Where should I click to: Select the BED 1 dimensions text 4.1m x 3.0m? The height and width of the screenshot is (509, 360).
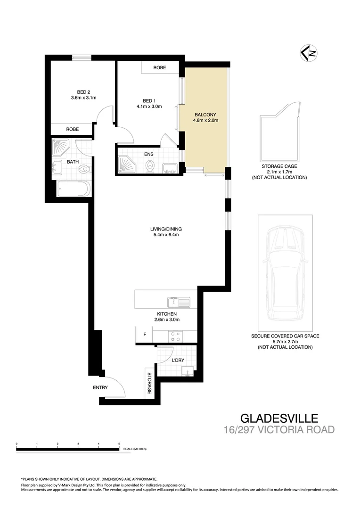tap(152, 107)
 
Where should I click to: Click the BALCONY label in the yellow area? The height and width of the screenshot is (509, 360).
tap(206, 114)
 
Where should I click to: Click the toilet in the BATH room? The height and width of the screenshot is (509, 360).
tap(83, 169)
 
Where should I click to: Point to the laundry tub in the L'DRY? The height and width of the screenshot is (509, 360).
tap(188, 373)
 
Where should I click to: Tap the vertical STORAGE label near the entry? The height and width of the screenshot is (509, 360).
tap(149, 384)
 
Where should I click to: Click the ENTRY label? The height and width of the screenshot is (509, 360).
tap(100, 388)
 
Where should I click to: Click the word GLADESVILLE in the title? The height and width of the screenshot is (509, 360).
tap(279, 418)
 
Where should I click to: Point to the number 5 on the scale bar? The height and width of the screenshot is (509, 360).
tap(119, 444)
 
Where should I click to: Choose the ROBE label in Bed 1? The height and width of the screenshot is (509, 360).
tap(160, 68)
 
